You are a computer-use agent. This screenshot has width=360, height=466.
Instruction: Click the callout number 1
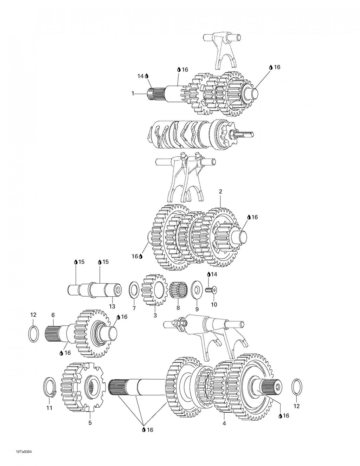(x=133, y=93)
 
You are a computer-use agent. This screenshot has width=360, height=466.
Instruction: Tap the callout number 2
(x=220, y=192)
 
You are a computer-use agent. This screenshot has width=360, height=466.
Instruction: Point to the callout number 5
(x=90, y=422)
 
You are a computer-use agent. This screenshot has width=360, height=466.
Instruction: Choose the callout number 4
(x=224, y=423)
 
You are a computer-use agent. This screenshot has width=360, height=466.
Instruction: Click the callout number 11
(x=50, y=408)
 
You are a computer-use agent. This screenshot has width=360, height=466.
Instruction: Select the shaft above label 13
(x=95, y=290)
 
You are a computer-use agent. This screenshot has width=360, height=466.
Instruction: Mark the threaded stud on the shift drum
(x=244, y=135)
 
